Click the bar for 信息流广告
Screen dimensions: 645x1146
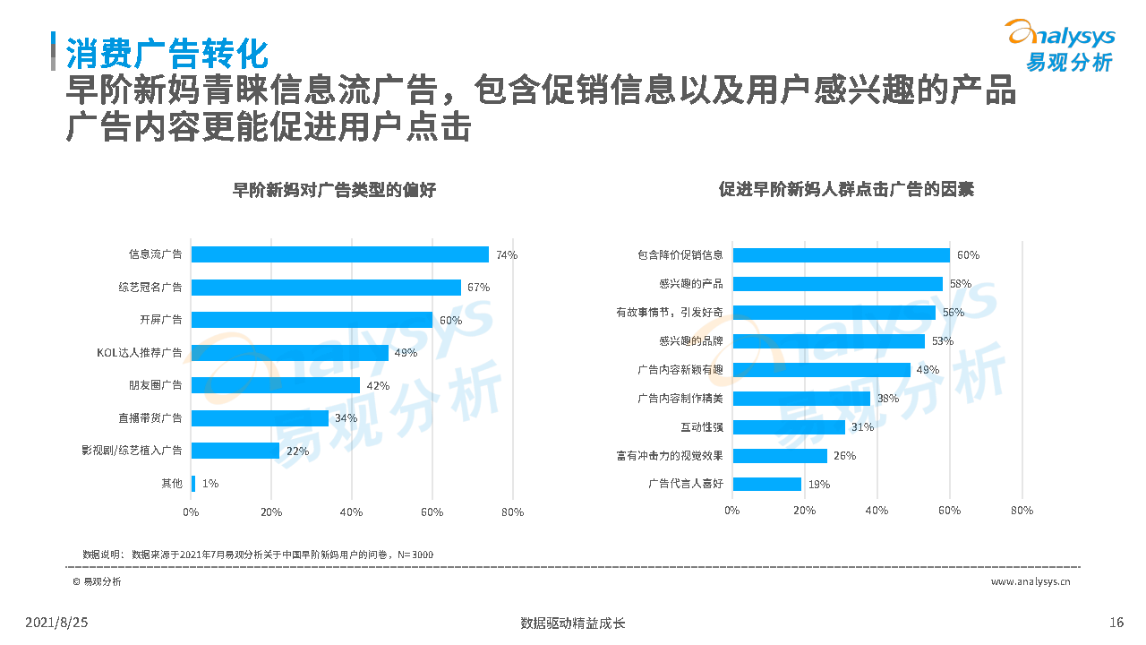340,254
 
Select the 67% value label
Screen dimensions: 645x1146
478,288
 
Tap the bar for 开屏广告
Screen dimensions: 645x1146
312,320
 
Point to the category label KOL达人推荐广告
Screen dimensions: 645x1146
139,353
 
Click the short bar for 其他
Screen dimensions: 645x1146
192,484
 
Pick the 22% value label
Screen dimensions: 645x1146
297,451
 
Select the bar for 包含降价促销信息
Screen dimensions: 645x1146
841,254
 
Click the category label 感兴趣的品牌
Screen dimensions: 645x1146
690,341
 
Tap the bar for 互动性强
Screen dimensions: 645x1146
788,427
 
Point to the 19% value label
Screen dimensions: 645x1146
818,485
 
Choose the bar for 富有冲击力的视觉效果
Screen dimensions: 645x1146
779,456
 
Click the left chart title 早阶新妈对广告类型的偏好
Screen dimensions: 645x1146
334,190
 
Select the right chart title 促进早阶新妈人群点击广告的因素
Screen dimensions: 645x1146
846,190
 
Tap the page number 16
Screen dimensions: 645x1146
1116,623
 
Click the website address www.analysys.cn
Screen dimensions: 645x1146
1031,582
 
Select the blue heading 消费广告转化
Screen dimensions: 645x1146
167,54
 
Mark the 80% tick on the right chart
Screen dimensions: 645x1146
1022,511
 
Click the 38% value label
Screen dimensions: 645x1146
887,399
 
